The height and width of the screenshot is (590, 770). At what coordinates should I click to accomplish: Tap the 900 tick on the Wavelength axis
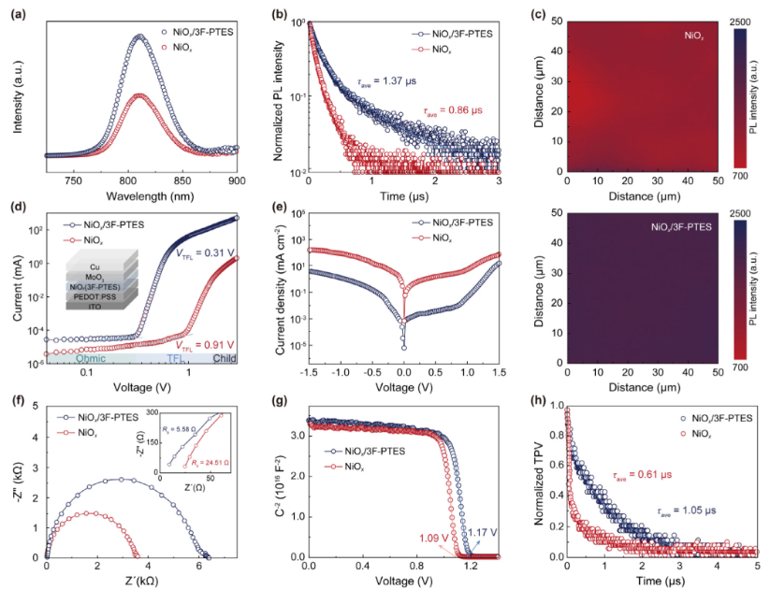pos(238,181)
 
